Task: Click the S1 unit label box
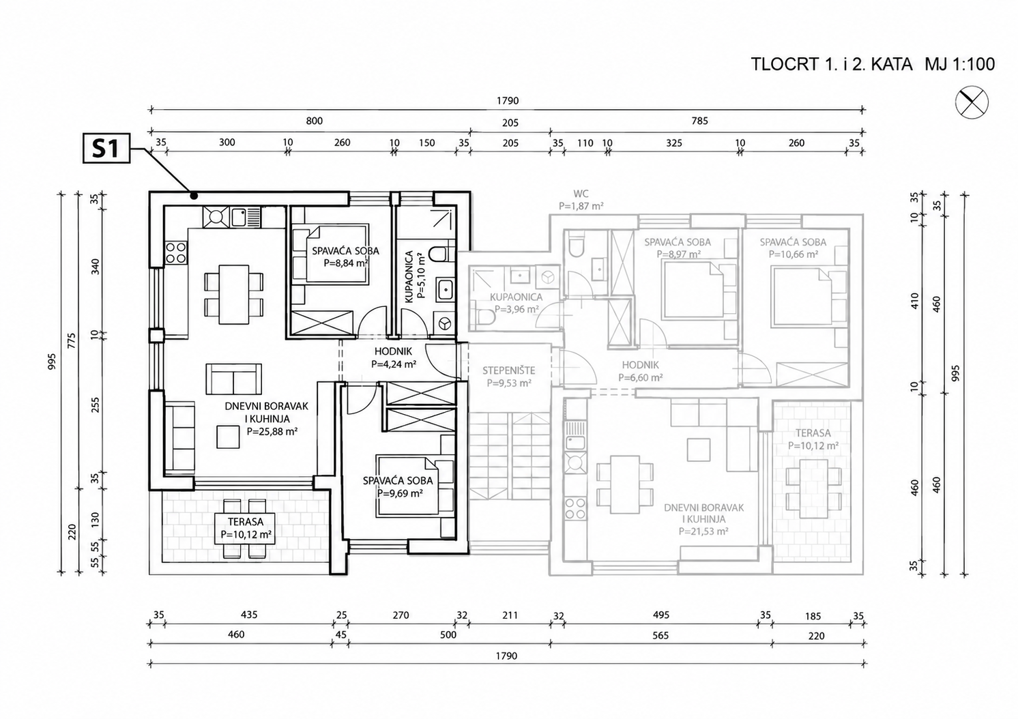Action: click(106, 148)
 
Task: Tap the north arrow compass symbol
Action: click(972, 102)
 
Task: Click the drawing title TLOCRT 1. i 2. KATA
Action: click(832, 64)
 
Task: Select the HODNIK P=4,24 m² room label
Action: click(394, 357)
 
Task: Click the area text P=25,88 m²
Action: click(272, 432)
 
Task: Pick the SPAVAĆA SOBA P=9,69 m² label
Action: click(398, 486)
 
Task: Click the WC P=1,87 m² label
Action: click(581, 200)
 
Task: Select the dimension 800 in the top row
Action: click(314, 121)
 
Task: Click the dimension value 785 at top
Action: click(700, 121)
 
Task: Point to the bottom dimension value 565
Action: click(660, 635)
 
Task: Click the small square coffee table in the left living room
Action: click(228, 437)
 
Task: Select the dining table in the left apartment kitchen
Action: click(233, 295)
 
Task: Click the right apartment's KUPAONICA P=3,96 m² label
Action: click(517, 303)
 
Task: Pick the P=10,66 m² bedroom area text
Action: click(794, 254)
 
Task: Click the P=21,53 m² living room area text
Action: click(704, 531)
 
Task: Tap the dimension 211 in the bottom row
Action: click(510, 615)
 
